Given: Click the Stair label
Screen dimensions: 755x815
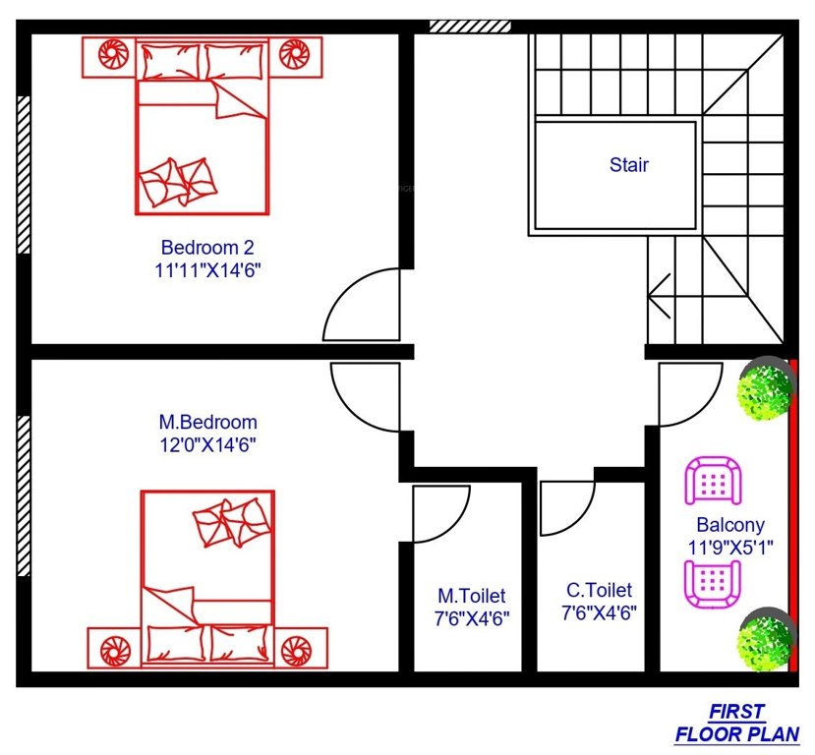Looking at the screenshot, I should click(x=628, y=165).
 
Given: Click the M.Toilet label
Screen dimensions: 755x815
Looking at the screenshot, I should click(x=472, y=596).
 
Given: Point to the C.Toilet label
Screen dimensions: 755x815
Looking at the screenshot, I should click(x=599, y=591).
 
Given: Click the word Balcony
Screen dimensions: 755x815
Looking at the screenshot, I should click(x=729, y=525).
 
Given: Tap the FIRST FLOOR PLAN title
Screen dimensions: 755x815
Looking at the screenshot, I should click(x=736, y=723).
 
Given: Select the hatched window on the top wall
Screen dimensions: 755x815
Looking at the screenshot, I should click(x=470, y=26).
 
